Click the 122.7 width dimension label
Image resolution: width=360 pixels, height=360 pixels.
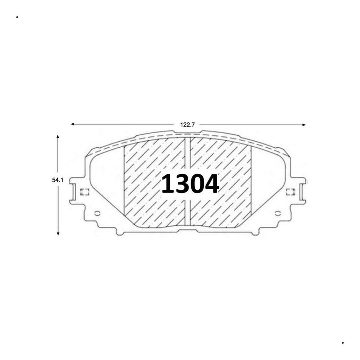187,125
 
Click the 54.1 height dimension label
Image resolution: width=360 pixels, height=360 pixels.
57,180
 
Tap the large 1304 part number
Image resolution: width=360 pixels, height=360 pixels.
190,184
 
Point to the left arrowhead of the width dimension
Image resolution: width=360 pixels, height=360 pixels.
72,124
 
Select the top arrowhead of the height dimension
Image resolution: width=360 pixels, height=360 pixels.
58,137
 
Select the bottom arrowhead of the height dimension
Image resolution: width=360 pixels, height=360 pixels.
58,233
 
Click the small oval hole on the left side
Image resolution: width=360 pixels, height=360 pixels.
97,213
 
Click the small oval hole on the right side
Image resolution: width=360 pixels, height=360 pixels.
278,213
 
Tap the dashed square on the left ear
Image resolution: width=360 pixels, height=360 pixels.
84,192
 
